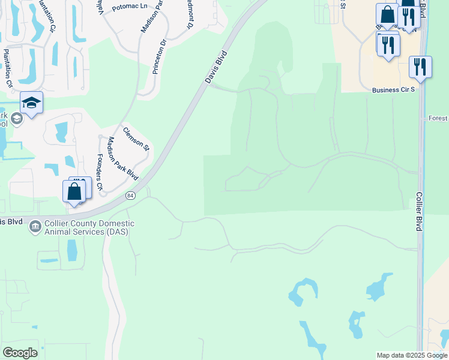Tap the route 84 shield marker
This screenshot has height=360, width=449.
(130, 196)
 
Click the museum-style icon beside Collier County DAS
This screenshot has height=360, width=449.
(35, 226)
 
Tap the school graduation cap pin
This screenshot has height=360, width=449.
(31, 103)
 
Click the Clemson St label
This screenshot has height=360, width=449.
(136, 138)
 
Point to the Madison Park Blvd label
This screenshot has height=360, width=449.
(122, 158)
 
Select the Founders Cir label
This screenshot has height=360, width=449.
(100, 172)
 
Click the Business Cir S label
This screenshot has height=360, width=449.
(393, 90)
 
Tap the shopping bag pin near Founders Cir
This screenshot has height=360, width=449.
(74, 192)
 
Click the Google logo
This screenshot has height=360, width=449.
(20, 353)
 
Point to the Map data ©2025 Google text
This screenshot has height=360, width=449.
(412, 355)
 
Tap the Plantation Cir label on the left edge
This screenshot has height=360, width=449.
(8, 68)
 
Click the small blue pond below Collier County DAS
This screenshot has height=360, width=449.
(72, 250)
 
